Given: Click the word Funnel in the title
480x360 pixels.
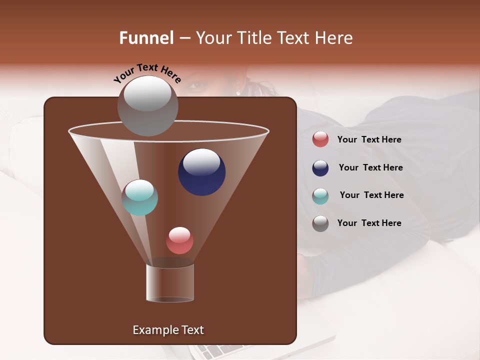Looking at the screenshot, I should pos(146,38).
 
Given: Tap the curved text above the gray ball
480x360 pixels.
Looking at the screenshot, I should pos(147,72).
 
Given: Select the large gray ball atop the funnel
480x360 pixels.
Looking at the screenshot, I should pos(147,105).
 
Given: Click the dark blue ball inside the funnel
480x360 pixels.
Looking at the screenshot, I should pos(201,171).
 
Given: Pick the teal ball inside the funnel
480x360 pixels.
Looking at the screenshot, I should pos(139,197).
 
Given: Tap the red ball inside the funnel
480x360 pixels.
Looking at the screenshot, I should pos(179,240).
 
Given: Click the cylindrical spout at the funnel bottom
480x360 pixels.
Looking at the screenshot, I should pos(170,283).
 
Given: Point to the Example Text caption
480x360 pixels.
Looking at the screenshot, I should pos(168,330).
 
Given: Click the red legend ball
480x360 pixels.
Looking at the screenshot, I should pos(320,139).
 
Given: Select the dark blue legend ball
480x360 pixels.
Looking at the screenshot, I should pos(320,168).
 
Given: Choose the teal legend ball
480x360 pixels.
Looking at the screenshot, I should pos(320,195).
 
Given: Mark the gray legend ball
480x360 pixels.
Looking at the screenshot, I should pos(320,223).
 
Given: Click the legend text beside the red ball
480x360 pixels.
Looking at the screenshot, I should pos(369,139).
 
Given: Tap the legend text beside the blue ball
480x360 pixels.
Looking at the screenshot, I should pos(370,167).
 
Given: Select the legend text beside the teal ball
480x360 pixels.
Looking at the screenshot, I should pos(371,195).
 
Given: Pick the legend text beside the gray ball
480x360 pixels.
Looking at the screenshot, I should pos(369,223).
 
